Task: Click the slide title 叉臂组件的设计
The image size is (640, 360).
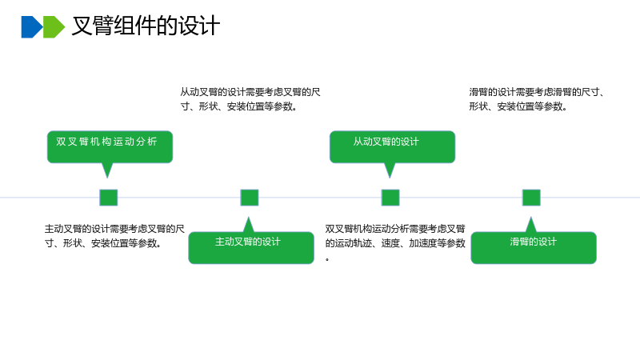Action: (x=146, y=26)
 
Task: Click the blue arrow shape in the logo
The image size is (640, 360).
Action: (x=32, y=27)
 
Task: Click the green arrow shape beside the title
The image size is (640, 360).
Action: (x=54, y=27)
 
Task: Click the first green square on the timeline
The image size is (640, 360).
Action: (x=109, y=198)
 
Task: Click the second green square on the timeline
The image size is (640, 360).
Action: (x=250, y=198)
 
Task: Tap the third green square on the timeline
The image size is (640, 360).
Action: (x=390, y=198)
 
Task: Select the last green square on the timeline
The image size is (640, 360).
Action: (x=531, y=198)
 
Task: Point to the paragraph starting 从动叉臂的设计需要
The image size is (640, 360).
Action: (x=250, y=99)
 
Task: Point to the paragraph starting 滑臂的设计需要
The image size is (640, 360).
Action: (x=537, y=99)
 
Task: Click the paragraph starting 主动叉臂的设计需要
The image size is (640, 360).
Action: (x=114, y=236)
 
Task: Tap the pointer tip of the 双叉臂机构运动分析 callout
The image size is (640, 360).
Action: (x=107, y=178)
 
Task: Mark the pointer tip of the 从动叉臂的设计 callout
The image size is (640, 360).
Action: (x=390, y=178)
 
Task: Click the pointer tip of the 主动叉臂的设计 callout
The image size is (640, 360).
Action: (x=248, y=218)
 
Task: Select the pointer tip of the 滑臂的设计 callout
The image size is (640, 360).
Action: (x=530, y=218)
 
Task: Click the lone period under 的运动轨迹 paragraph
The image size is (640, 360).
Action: (x=327, y=259)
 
